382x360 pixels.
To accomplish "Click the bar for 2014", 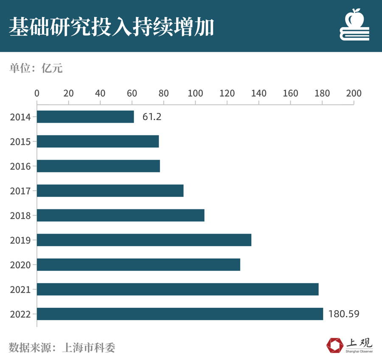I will [85, 117].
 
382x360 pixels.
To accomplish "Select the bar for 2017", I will [110, 191].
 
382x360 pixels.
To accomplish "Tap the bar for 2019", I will [144, 240].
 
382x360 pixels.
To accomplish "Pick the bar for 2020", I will [138, 264].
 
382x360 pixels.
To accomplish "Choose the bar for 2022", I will [180, 314].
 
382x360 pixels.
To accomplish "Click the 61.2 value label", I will [152, 117].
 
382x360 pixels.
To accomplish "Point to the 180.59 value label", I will [344, 314].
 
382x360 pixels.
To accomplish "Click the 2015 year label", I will [20, 142].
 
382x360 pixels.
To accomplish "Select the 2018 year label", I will [20, 216].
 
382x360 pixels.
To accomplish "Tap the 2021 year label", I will [20, 290].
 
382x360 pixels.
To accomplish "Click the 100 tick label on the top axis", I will [195, 93].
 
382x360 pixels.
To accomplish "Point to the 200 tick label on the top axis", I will [354, 93].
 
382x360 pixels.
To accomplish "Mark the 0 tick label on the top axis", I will [37, 93].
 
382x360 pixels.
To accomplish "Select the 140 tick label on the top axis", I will [258, 93].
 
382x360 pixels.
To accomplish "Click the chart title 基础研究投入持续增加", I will [111, 26].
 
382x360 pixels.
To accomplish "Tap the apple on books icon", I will [354, 25].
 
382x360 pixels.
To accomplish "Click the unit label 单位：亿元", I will [36, 68].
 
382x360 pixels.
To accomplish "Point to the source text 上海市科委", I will [89, 347].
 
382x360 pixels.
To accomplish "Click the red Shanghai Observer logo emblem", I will [334, 345].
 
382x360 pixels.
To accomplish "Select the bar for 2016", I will [98, 166].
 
